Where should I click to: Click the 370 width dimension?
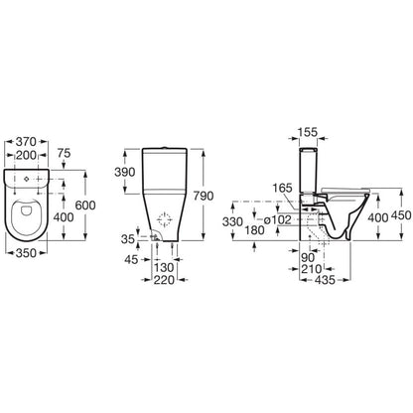[x=26, y=142]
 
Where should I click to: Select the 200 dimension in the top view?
[x=26, y=155]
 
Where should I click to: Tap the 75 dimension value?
[x=65, y=154]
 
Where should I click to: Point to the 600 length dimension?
[x=85, y=206]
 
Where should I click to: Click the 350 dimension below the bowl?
[x=26, y=253]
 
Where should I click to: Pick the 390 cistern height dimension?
[x=125, y=172]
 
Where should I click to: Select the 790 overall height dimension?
[x=204, y=196]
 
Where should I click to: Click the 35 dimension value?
[x=128, y=239]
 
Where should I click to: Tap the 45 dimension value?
[x=131, y=260]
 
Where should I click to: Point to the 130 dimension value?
[x=164, y=267]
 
